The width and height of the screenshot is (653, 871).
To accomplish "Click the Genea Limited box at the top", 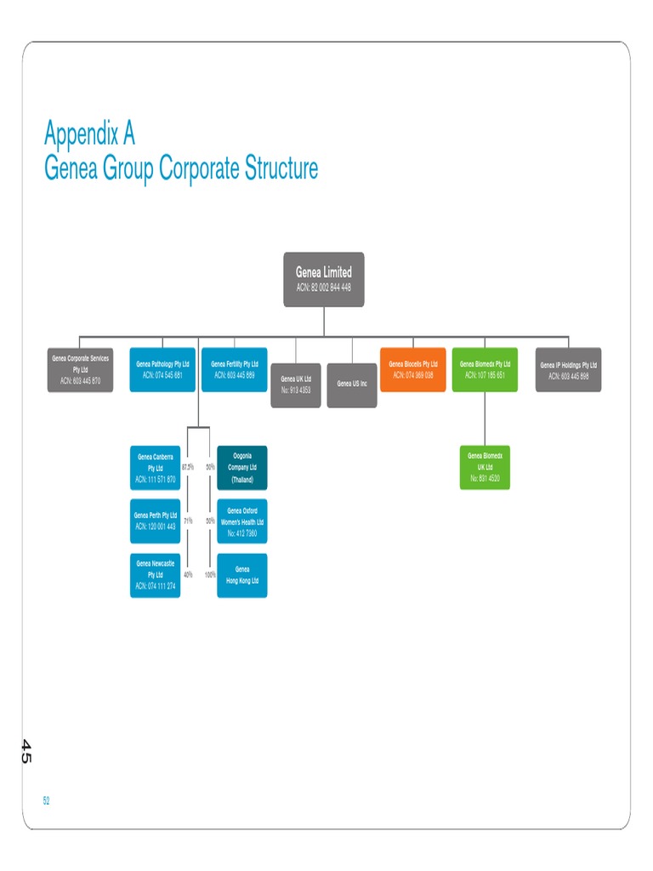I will [323, 279].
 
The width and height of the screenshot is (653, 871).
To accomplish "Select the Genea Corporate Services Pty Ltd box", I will [80, 370].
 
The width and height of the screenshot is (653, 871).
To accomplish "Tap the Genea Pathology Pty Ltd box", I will [162, 370].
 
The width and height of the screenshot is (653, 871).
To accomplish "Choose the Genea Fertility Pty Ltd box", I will [234, 370].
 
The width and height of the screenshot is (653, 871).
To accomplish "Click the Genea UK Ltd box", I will [296, 384].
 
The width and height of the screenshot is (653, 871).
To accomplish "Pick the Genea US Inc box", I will [352, 384].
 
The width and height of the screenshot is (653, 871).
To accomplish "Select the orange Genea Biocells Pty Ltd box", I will [412, 369].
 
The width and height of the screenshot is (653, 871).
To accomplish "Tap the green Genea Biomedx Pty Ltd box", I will [485, 369].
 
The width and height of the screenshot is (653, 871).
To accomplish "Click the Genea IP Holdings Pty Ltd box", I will [568, 370].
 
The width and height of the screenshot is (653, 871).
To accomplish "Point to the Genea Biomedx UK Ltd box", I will [485, 467].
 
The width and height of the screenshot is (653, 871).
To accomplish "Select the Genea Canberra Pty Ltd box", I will [155, 468].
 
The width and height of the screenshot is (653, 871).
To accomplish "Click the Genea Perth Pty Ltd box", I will [155, 521].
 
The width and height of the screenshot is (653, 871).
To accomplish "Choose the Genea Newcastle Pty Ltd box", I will [155, 575].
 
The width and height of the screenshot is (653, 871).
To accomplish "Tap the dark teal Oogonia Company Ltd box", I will [242, 468].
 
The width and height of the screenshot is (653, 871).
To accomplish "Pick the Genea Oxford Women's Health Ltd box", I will [242, 521].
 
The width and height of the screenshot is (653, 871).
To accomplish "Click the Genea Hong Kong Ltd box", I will [242, 575].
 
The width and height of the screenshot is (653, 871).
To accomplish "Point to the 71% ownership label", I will [187, 521].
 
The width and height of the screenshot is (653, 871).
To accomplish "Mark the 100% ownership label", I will [209, 575].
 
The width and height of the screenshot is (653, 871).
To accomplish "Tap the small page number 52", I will [47, 800].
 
